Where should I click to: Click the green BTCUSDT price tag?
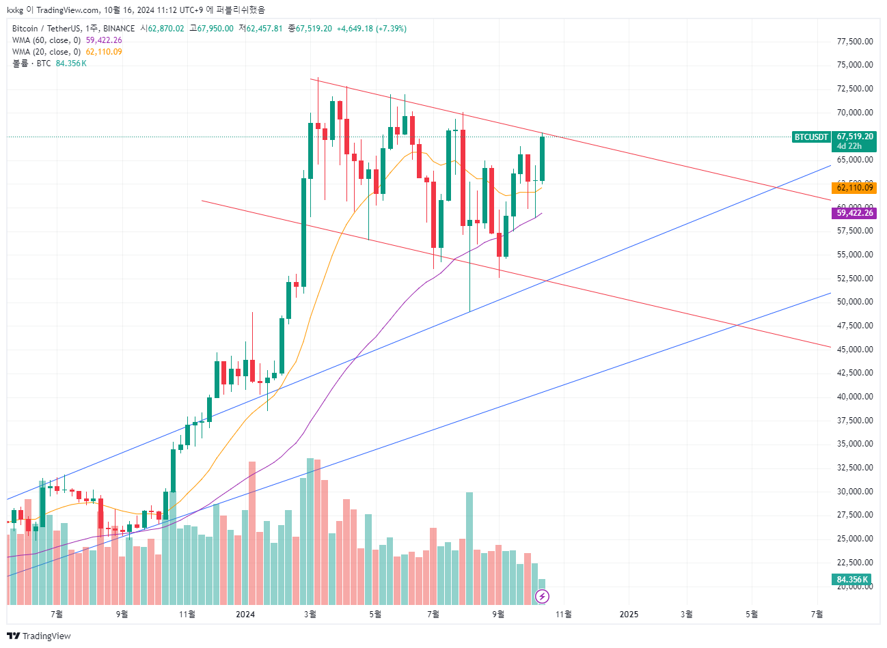[811, 137]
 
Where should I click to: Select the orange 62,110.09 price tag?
[854, 188]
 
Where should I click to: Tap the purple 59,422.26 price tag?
[854, 213]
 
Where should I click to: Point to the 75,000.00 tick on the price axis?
[854, 65]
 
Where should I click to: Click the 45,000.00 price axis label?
[854, 349]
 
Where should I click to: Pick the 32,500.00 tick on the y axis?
[854, 468]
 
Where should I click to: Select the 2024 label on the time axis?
[245, 615]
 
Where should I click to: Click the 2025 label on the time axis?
[629, 615]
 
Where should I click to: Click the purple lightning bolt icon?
[542, 597]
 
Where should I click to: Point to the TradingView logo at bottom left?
[39, 636]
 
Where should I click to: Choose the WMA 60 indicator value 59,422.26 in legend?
[104, 40]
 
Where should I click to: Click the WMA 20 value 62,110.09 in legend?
[104, 52]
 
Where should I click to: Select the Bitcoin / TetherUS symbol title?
[46, 29]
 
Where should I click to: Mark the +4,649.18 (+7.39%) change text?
[371, 29]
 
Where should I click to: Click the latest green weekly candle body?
[542, 158]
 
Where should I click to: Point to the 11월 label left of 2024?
[187, 615]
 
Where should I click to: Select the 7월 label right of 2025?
[817, 615]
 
